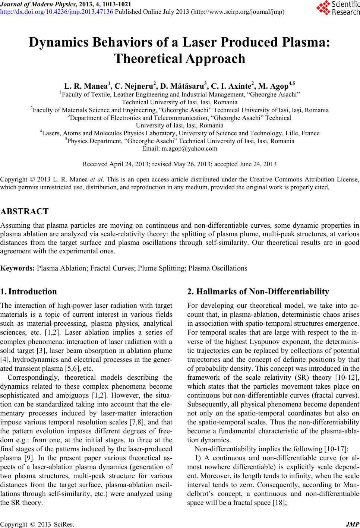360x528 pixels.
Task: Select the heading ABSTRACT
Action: coord(25,212)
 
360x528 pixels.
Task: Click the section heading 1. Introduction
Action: coord(29,291)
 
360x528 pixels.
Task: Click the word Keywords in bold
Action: coord(18,268)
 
